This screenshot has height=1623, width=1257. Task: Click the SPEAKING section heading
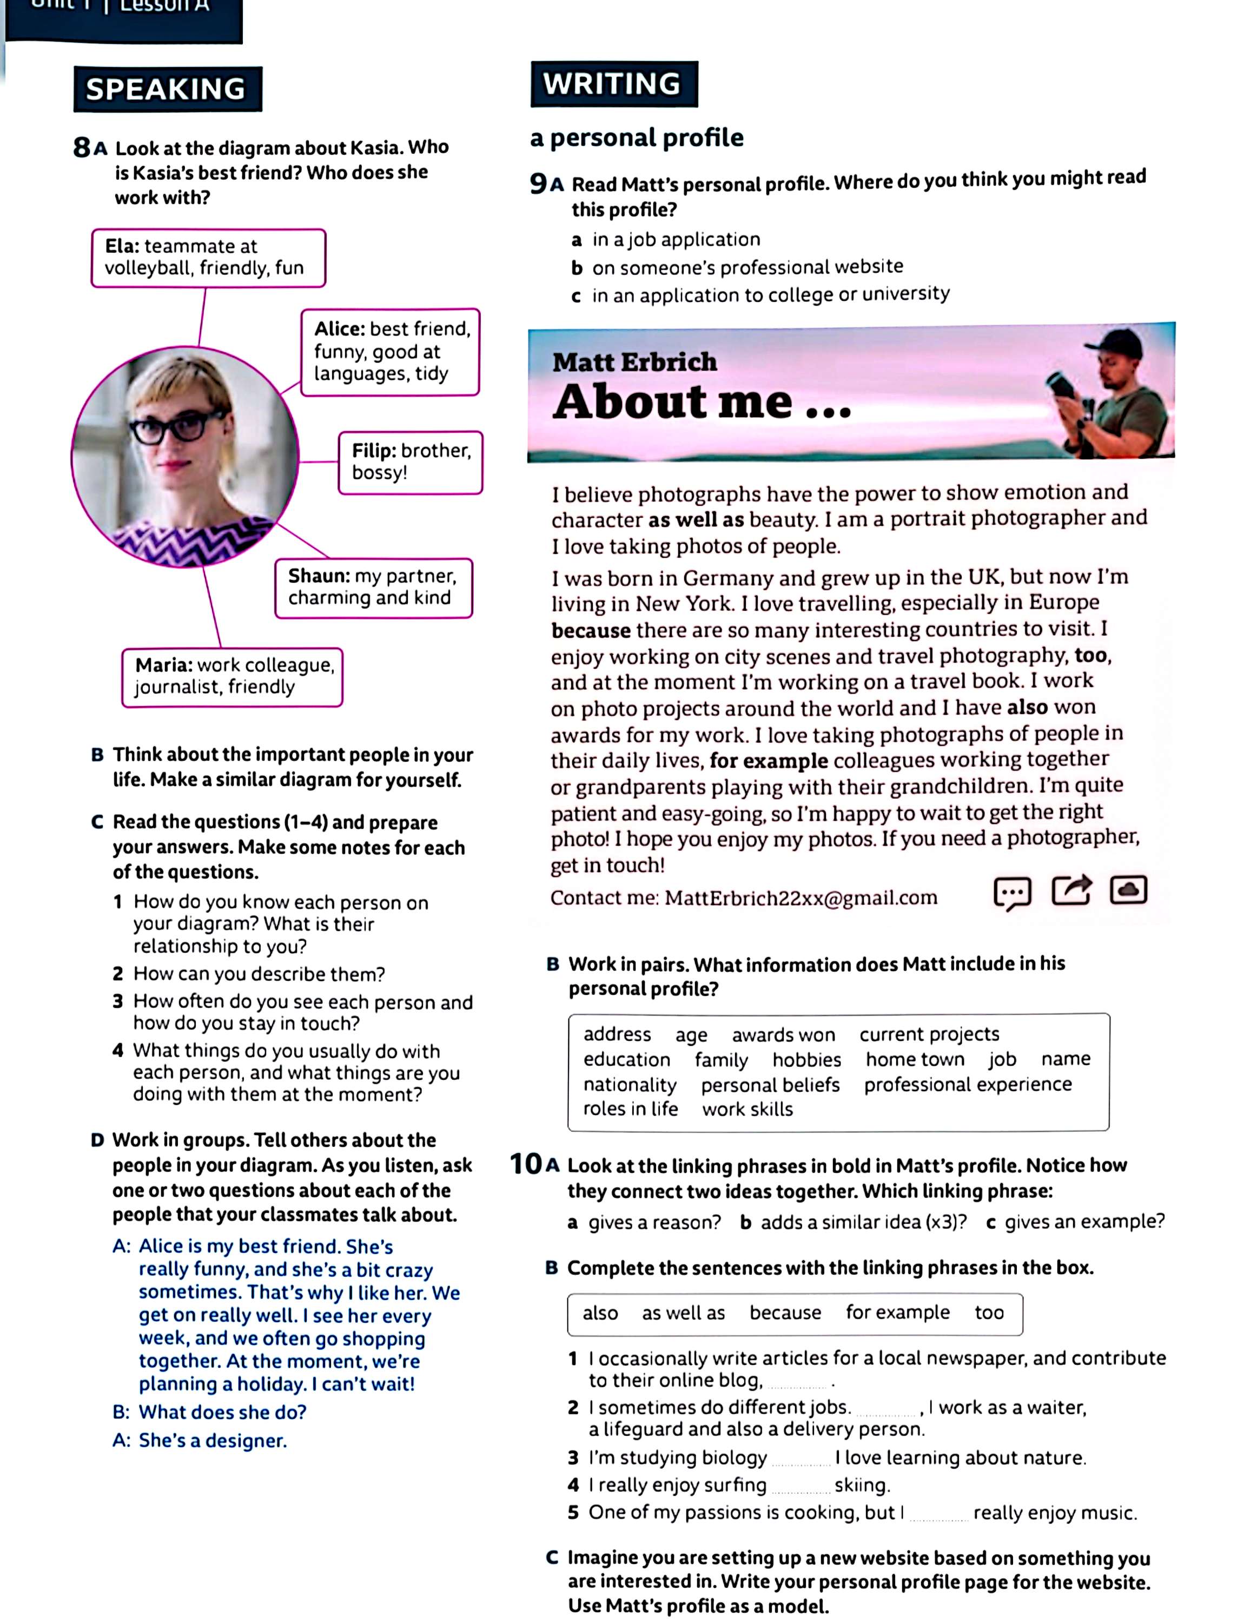point(167,89)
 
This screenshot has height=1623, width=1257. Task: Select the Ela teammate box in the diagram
point(208,257)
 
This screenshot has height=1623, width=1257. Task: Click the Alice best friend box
point(390,352)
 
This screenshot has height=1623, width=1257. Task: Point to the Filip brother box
point(410,461)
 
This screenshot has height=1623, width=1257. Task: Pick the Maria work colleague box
point(232,676)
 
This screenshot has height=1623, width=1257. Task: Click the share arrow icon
point(1071,889)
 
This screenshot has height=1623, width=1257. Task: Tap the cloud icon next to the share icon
point(1128,889)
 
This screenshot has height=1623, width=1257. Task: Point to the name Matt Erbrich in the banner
point(634,362)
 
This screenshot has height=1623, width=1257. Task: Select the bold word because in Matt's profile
point(591,630)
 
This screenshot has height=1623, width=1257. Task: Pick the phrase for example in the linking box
point(897,1312)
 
